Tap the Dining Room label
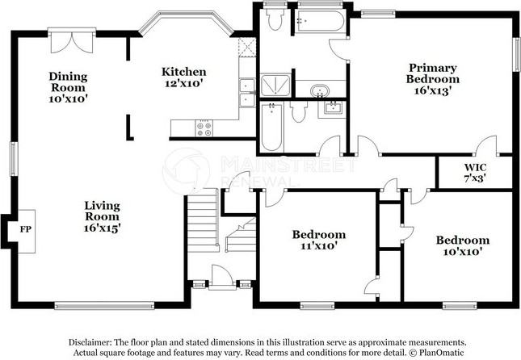[x=69, y=82]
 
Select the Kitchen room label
[x=183, y=71]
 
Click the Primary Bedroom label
[x=432, y=73]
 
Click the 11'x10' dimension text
[x=317, y=245]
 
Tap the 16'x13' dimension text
[x=432, y=91]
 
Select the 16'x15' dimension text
[x=102, y=228]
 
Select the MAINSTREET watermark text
[x=288, y=164]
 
